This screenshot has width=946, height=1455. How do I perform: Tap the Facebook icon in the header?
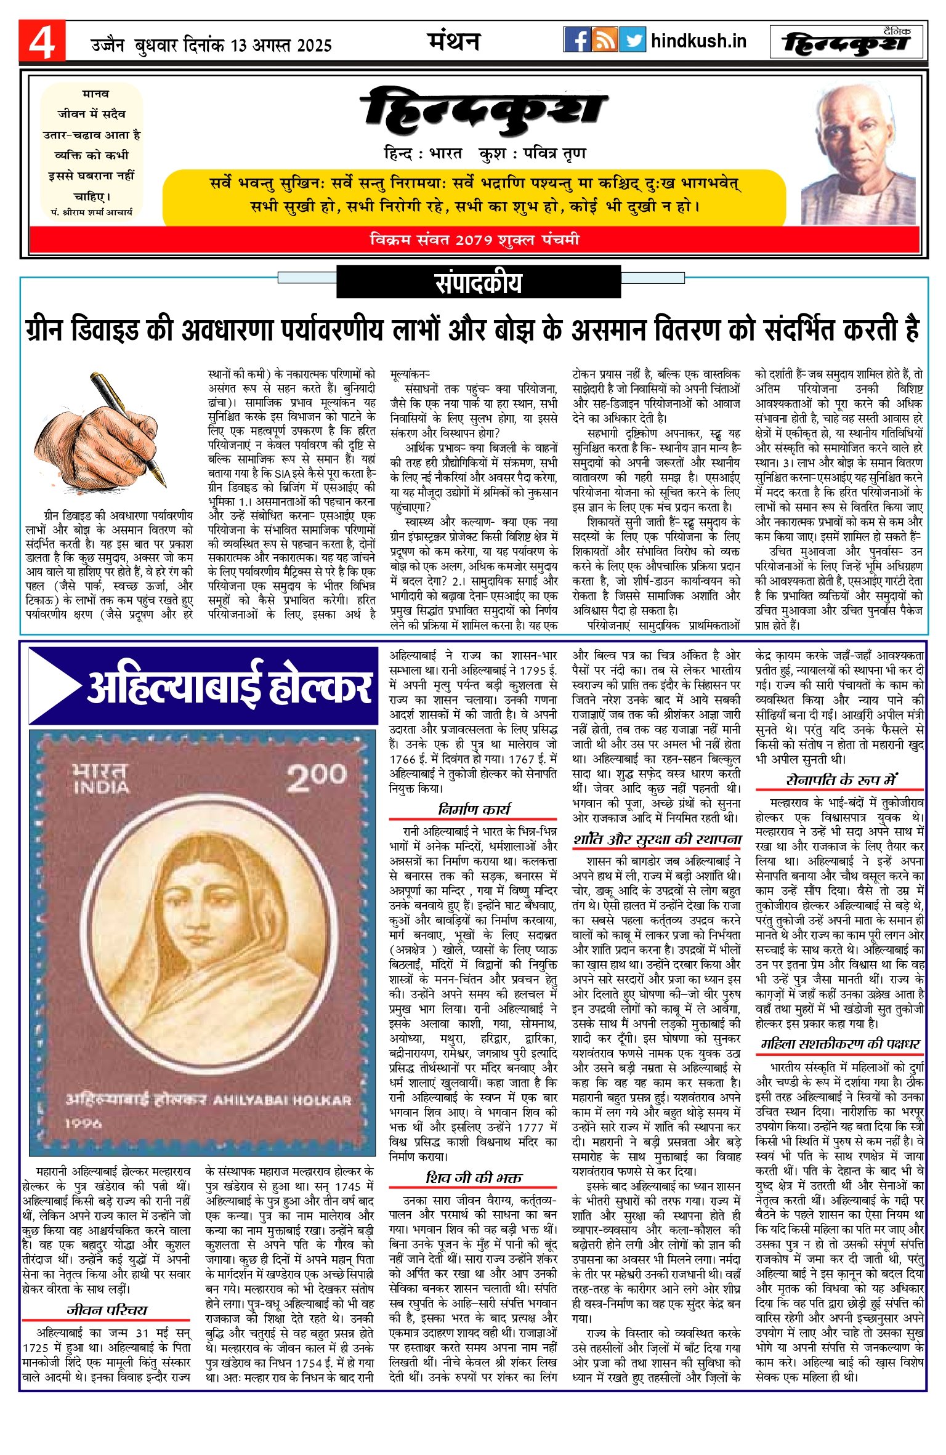(x=577, y=40)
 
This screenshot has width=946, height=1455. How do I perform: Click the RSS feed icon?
(x=605, y=40)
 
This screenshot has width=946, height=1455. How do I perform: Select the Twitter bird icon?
(x=633, y=40)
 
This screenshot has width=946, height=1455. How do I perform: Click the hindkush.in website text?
(x=698, y=41)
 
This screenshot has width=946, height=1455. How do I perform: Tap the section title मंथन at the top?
(x=453, y=41)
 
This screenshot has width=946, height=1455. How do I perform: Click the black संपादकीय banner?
(x=479, y=283)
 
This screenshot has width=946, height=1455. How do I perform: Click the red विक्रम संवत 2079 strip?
(x=474, y=240)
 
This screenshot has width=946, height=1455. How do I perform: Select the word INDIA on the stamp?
(x=102, y=788)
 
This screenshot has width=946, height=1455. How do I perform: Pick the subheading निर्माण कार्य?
(x=474, y=809)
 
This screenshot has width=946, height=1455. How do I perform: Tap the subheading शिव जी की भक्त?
(x=474, y=1177)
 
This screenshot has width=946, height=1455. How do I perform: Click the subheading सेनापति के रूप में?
(x=841, y=780)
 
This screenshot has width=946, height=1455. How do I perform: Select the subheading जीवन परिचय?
(x=107, y=1310)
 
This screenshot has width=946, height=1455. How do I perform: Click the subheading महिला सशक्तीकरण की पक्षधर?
(x=841, y=1043)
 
